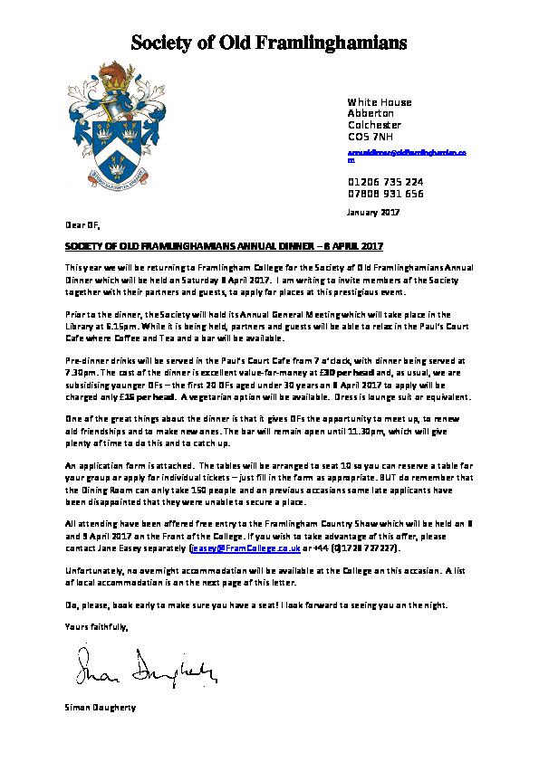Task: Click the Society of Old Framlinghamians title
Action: coord(268,42)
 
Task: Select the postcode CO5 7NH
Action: coord(371,137)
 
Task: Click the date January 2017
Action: coord(372,213)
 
